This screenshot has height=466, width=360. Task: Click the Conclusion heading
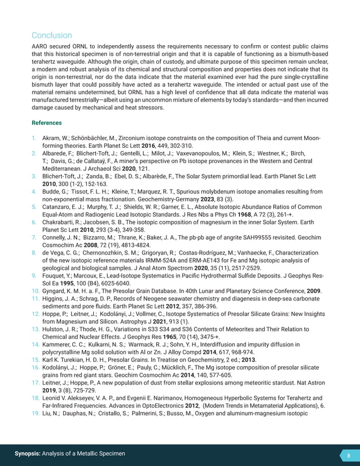click(x=51, y=35)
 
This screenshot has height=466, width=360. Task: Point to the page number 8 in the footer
click(x=348, y=455)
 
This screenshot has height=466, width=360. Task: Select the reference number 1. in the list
click(x=34, y=138)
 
